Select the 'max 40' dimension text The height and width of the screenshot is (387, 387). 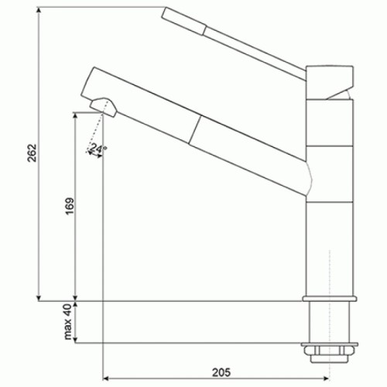click(x=68, y=321)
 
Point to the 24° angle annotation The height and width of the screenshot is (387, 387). click(x=98, y=148)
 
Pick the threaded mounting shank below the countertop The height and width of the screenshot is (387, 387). click(x=331, y=325)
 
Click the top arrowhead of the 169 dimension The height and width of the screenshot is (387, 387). click(x=75, y=116)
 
